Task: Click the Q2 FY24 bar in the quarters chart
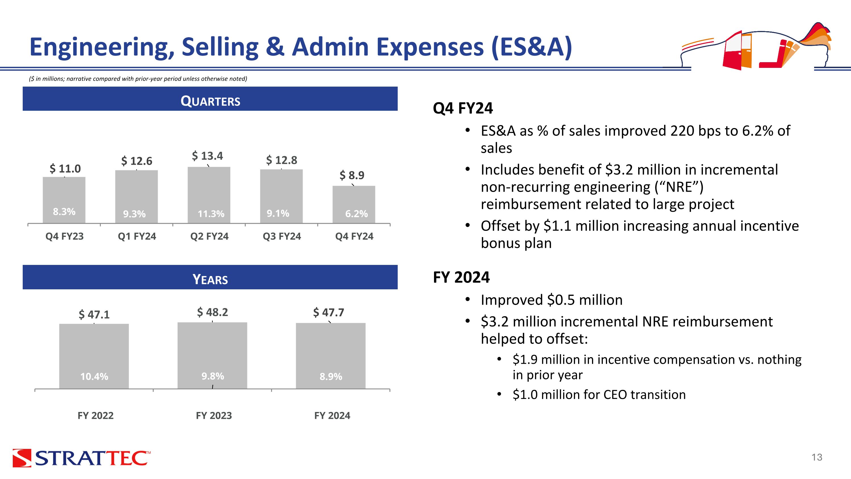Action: click(x=209, y=195)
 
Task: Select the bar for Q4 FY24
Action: click(x=354, y=205)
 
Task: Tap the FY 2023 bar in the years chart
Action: click(x=212, y=356)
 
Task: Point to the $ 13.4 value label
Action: click(x=207, y=156)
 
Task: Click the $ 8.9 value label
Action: click(x=352, y=175)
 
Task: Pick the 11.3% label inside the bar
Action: click(x=211, y=214)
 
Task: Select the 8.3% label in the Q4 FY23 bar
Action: click(x=64, y=212)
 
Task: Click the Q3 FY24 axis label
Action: click(x=282, y=236)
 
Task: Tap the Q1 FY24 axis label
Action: click(x=137, y=236)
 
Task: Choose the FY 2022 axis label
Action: click(x=96, y=415)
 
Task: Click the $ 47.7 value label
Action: click(x=329, y=312)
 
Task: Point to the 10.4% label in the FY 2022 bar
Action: click(x=94, y=376)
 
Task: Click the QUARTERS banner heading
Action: click(x=210, y=101)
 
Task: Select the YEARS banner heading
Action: click(x=210, y=279)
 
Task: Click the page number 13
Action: click(x=817, y=457)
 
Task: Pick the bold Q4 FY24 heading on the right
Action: click(x=463, y=108)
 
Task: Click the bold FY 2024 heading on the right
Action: click(x=461, y=277)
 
